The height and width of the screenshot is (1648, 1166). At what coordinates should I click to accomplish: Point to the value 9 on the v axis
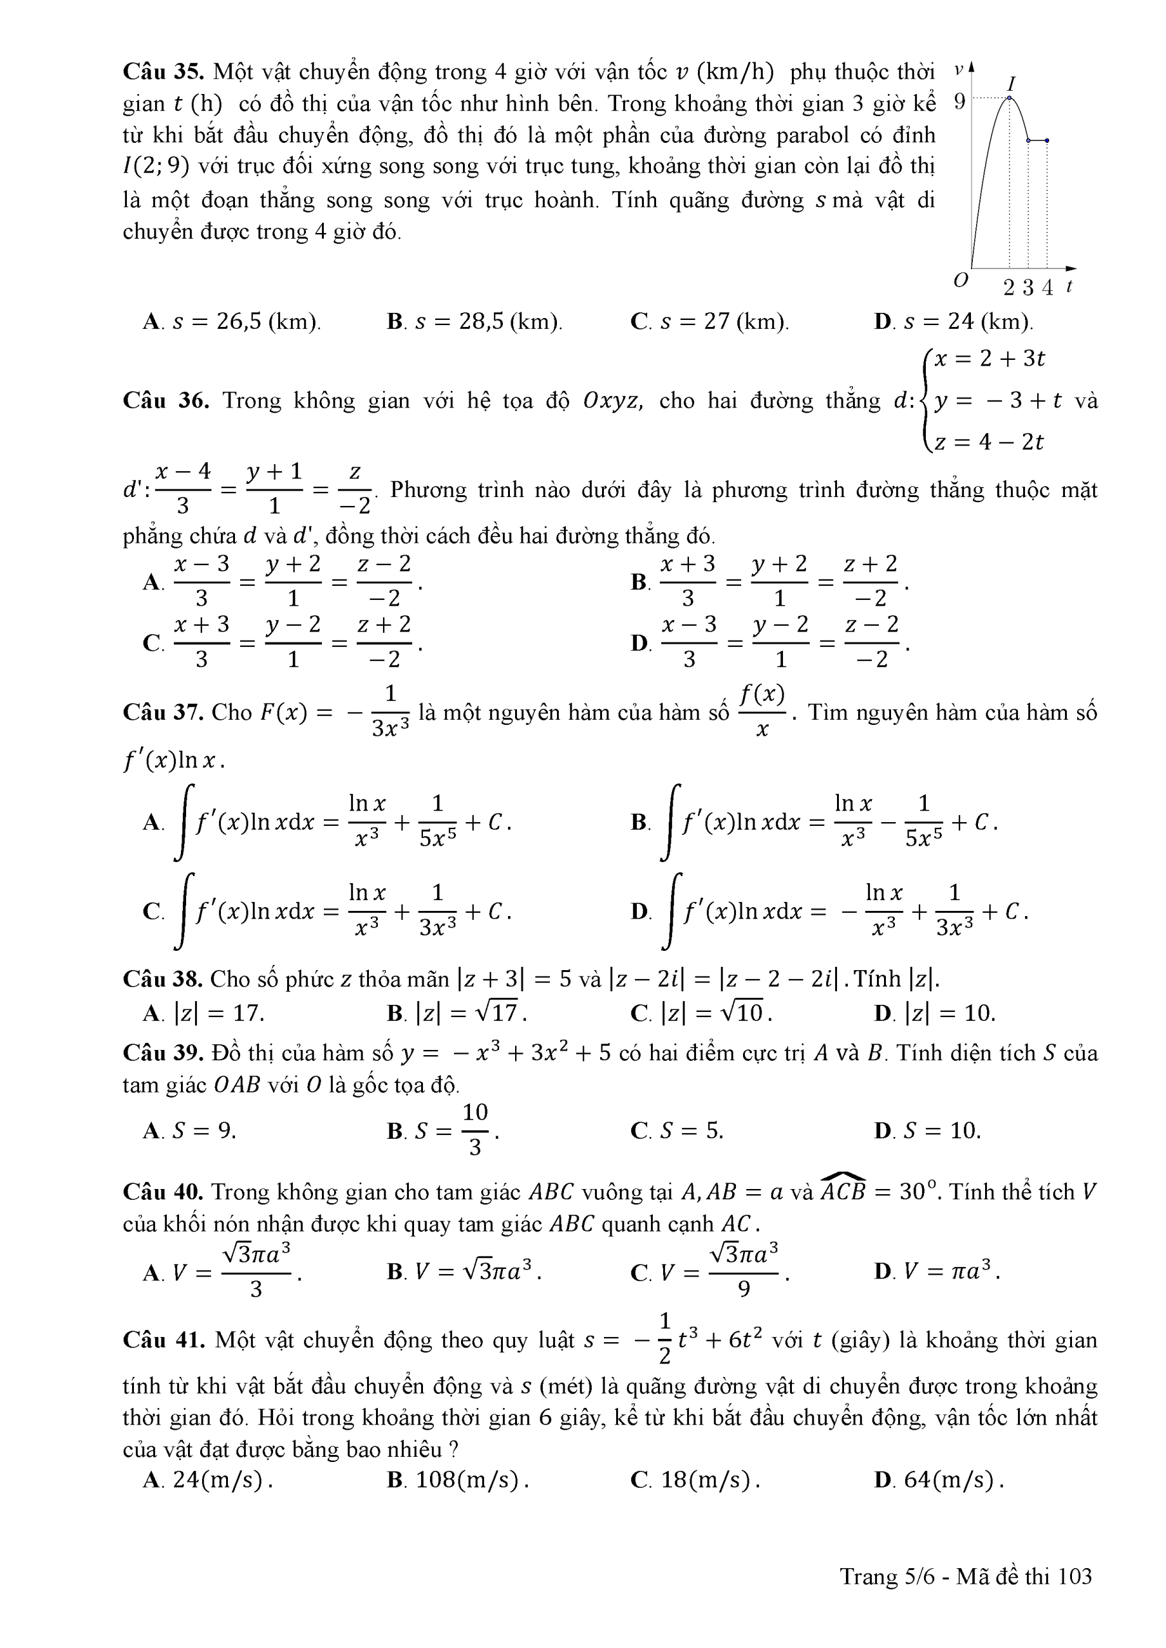(959, 102)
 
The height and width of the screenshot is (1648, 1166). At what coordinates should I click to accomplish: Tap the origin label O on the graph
(961, 280)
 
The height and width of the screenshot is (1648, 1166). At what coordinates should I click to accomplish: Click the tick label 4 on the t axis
(1048, 288)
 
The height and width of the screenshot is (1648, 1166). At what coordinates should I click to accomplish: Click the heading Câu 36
(165, 400)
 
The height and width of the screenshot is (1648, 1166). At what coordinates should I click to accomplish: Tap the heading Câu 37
(165, 713)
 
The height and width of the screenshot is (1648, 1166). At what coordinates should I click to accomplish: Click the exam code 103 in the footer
(1075, 1577)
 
